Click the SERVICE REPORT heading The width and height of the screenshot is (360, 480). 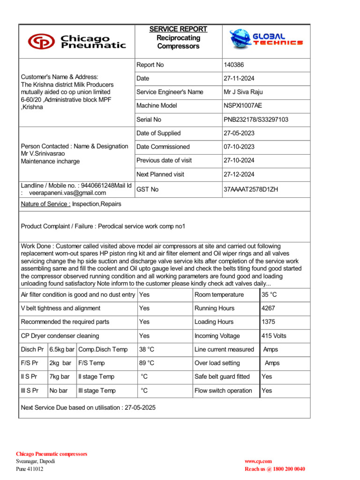point(178,29)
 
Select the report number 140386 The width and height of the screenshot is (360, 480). point(234,65)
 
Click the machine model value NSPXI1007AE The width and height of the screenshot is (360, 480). point(243,106)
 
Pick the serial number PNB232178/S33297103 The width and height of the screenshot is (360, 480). point(256,120)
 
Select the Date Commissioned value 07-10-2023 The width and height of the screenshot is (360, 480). point(240,147)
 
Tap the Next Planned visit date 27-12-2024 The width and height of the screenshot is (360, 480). point(240,174)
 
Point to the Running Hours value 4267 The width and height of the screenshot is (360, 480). point(269,308)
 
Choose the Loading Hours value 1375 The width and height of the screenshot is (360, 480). point(269,322)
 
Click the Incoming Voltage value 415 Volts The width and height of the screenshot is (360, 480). point(274,336)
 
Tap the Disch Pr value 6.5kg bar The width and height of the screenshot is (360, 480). point(62,350)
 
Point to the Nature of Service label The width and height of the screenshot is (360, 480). point(45,204)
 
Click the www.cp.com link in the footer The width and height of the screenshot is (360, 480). point(258,462)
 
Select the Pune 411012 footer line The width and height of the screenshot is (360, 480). point(30,469)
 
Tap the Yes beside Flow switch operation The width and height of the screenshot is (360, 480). point(267,390)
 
